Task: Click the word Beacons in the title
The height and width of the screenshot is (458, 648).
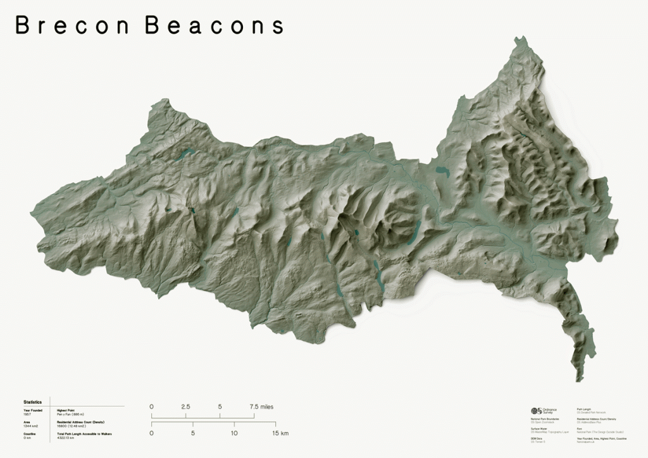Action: click(x=215, y=25)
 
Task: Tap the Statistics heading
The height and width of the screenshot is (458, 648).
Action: click(x=32, y=402)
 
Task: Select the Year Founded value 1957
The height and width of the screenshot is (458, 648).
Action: click(x=27, y=414)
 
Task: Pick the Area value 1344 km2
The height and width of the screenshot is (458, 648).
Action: click(x=31, y=426)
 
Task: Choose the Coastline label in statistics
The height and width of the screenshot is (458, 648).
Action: click(x=30, y=433)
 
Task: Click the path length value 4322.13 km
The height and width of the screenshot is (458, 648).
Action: click(x=66, y=437)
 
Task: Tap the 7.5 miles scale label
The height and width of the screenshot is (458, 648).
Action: click(x=261, y=407)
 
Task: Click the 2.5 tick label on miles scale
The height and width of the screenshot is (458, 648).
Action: click(x=185, y=407)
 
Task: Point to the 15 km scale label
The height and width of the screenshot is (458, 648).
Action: click(x=280, y=433)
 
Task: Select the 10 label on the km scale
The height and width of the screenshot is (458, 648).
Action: click(x=234, y=433)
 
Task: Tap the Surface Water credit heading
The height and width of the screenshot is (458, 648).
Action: click(x=539, y=428)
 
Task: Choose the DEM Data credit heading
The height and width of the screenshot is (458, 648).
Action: click(x=537, y=438)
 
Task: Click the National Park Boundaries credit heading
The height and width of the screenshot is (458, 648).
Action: click(x=545, y=419)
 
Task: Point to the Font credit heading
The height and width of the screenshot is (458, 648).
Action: click(x=580, y=428)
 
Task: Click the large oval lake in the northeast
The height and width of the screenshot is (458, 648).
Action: click(x=442, y=171)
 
